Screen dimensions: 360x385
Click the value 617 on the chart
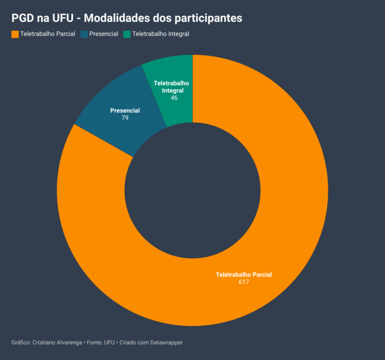(x=244, y=282)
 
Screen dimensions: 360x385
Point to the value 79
(x=125, y=118)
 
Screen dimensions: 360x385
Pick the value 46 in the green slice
(x=174, y=98)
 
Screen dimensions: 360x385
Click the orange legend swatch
(x=15, y=34)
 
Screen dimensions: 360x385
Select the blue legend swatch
(x=84, y=34)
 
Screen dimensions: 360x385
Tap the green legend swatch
(x=127, y=34)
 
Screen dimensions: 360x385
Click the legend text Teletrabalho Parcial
(x=48, y=34)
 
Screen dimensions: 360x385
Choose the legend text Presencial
(x=104, y=34)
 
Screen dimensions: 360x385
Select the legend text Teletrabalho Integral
(x=161, y=34)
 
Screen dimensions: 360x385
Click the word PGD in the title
(x=23, y=18)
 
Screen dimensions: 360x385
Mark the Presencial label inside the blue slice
(x=125, y=111)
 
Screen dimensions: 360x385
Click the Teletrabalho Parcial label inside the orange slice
(x=244, y=275)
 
